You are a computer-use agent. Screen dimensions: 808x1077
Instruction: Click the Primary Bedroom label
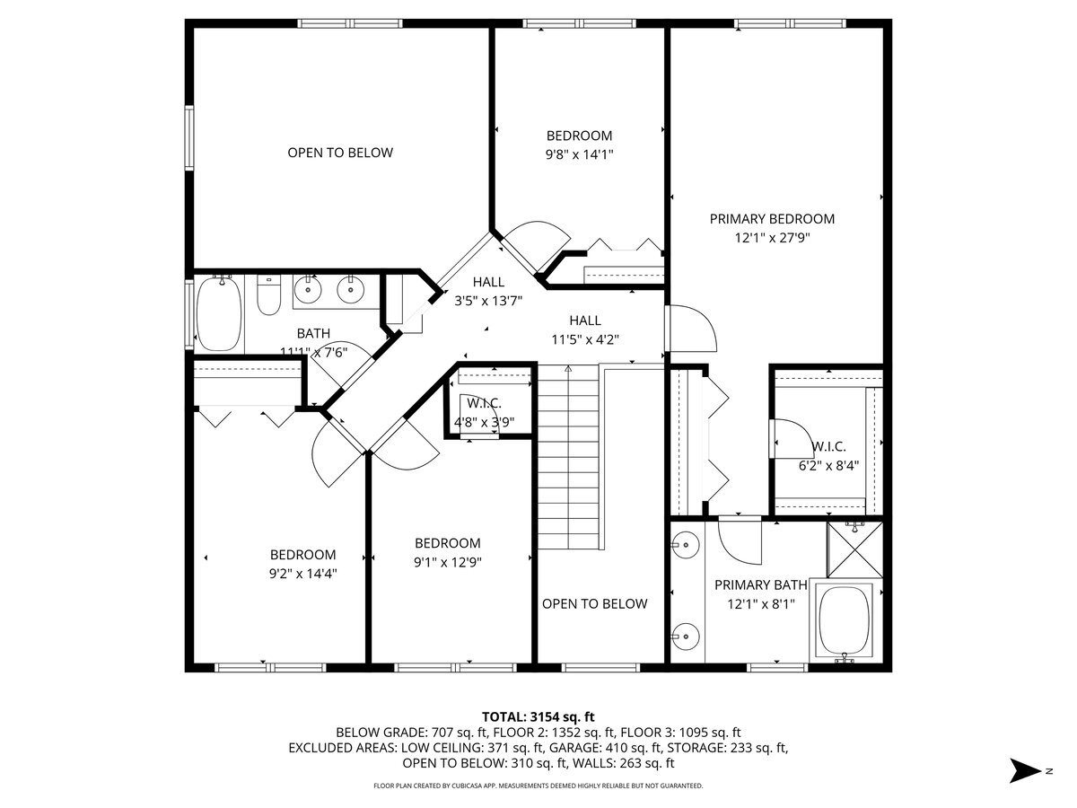pyautogui.click(x=772, y=219)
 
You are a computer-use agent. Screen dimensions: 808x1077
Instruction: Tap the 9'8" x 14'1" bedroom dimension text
pyautogui.click(x=579, y=154)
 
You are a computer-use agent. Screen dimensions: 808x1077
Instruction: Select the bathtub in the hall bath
pyautogui.click(x=218, y=313)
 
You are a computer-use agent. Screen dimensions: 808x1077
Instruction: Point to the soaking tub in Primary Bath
pyautogui.click(x=845, y=620)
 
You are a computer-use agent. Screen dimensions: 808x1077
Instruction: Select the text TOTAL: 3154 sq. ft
pyautogui.click(x=538, y=716)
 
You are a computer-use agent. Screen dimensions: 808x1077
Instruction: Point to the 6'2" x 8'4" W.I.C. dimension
pyautogui.click(x=828, y=466)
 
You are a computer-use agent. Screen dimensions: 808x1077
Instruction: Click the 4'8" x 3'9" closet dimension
pyautogui.click(x=485, y=422)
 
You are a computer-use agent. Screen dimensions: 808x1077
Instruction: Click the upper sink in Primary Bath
pyautogui.click(x=687, y=544)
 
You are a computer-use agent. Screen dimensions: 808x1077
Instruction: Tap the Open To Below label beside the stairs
pyautogui.click(x=594, y=603)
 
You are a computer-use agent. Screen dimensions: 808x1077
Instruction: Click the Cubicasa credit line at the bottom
pyautogui.click(x=538, y=786)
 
